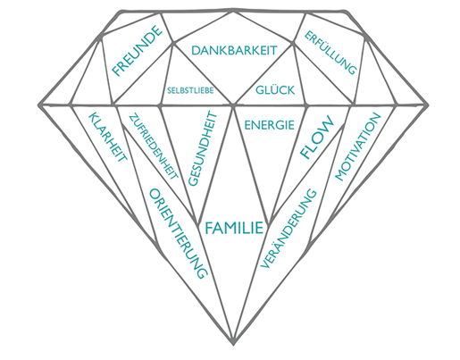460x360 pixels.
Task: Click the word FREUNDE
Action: point(137,51)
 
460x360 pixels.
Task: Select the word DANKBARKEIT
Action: point(234,50)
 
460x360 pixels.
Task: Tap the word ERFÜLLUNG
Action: point(330,53)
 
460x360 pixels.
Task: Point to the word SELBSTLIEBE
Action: point(190,90)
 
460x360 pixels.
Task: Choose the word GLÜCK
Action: point(275,89)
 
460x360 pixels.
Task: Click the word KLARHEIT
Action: point(108,136)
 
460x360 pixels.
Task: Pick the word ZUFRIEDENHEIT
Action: point(154,147)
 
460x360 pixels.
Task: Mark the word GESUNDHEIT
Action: point(203,148)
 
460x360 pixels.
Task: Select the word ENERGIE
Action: point(270,125)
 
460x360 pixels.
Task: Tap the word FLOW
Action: point(317,137)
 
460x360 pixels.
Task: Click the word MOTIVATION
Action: point(358,147)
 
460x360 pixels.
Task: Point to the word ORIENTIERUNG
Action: point(178,233)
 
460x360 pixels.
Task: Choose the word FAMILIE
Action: point(234,228)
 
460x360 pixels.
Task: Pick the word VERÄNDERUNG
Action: point(288,228)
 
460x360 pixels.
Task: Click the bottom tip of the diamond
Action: point(234,345)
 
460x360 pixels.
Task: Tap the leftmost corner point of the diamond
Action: point(39,105)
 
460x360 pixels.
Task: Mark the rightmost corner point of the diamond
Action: point(428,105)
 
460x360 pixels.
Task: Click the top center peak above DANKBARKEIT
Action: point(233,11)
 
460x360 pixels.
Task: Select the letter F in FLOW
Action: point(305,153)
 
